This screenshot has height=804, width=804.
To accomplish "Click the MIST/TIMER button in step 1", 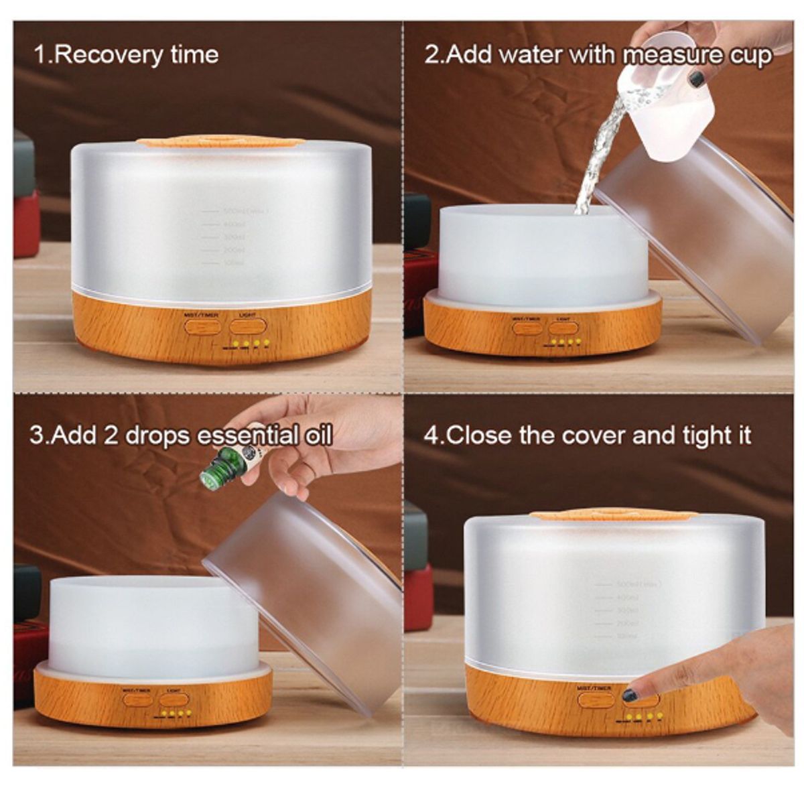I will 203,327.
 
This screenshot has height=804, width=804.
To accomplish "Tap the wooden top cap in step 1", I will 221,142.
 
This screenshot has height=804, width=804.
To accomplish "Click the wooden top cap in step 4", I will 613,515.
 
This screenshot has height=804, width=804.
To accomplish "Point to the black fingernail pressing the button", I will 630,695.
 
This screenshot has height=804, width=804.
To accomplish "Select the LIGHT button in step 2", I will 563,328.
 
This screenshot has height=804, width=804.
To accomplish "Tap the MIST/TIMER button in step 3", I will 138,699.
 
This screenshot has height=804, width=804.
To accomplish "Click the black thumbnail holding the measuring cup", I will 697,78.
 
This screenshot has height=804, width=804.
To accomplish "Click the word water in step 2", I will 529,55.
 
